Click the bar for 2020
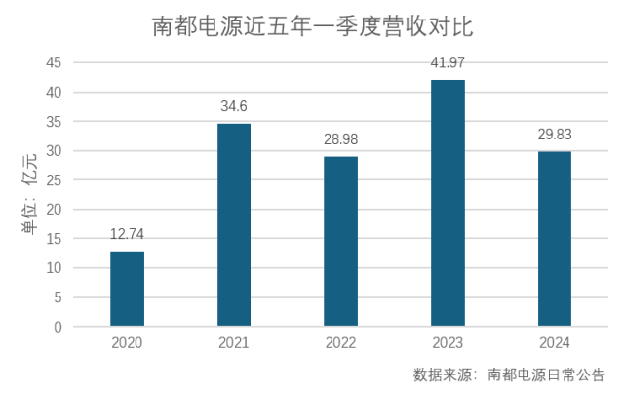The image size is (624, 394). coord(127,289)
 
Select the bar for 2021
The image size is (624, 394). coord(234,225)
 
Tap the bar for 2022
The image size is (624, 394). coord(340,242)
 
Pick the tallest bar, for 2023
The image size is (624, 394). coord(448,203)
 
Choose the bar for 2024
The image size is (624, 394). coord(555,239)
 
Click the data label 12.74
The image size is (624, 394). coord(127,234)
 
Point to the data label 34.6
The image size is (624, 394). coord(234,106)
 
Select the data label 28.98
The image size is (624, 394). coord(340,139)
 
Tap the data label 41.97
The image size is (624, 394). coord(448,63)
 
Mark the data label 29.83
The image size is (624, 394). coord(555,135)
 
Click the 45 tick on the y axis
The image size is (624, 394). coord(55,63)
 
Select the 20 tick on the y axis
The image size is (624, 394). coord(55,210)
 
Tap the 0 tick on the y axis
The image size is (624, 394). coord(58,327)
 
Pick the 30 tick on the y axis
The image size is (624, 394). coord(55,151)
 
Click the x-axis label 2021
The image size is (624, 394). coord(234,343)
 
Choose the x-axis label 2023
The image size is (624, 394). coord(448,343)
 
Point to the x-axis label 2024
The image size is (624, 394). coord(555,343)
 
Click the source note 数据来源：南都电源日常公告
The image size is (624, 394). coord(508,374)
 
